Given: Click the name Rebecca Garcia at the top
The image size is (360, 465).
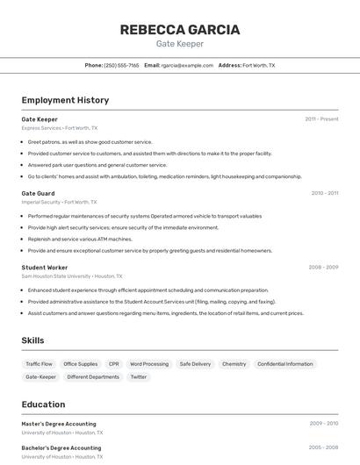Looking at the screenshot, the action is click(179, 29).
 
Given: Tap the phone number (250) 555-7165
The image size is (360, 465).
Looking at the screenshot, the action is click(121, 65).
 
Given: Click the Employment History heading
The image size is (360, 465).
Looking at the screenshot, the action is click(65, 100).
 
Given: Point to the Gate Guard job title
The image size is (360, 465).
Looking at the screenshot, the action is click(38, 193).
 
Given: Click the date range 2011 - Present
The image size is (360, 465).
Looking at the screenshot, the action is click(321, 119).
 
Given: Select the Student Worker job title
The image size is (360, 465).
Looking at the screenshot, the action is click(45, 267).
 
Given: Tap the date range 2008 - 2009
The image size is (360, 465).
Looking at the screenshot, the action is click(323, 267).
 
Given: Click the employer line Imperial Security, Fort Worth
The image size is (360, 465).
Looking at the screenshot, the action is click(59, 202).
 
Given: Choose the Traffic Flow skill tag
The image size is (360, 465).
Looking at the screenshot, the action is click(39, 363).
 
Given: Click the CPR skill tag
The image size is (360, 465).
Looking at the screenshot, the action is click(114, 363).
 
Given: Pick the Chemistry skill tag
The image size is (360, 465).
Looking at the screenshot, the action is click(234, 363).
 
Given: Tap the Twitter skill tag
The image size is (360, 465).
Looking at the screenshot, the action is click(139, 376).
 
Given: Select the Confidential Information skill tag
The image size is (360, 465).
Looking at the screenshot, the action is click(284, 363).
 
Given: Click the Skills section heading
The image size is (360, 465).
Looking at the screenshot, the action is click(32, 340).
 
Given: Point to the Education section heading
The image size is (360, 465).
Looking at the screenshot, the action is click(43, 404).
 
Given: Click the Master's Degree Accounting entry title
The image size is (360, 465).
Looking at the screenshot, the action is click(59, 424).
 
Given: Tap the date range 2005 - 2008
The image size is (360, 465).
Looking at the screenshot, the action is click(323, 447).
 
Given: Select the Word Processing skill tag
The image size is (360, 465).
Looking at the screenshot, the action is click(149, 363).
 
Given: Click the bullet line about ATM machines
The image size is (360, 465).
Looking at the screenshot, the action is click(80, 239).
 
